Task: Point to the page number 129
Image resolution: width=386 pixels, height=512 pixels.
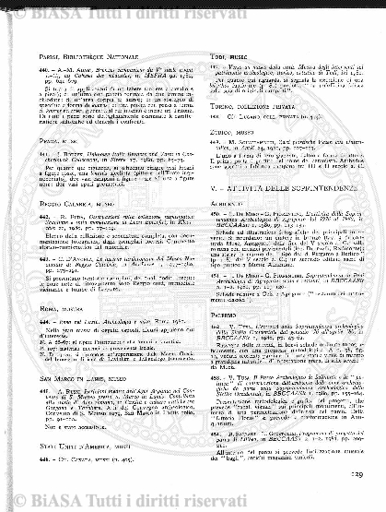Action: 362,501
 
